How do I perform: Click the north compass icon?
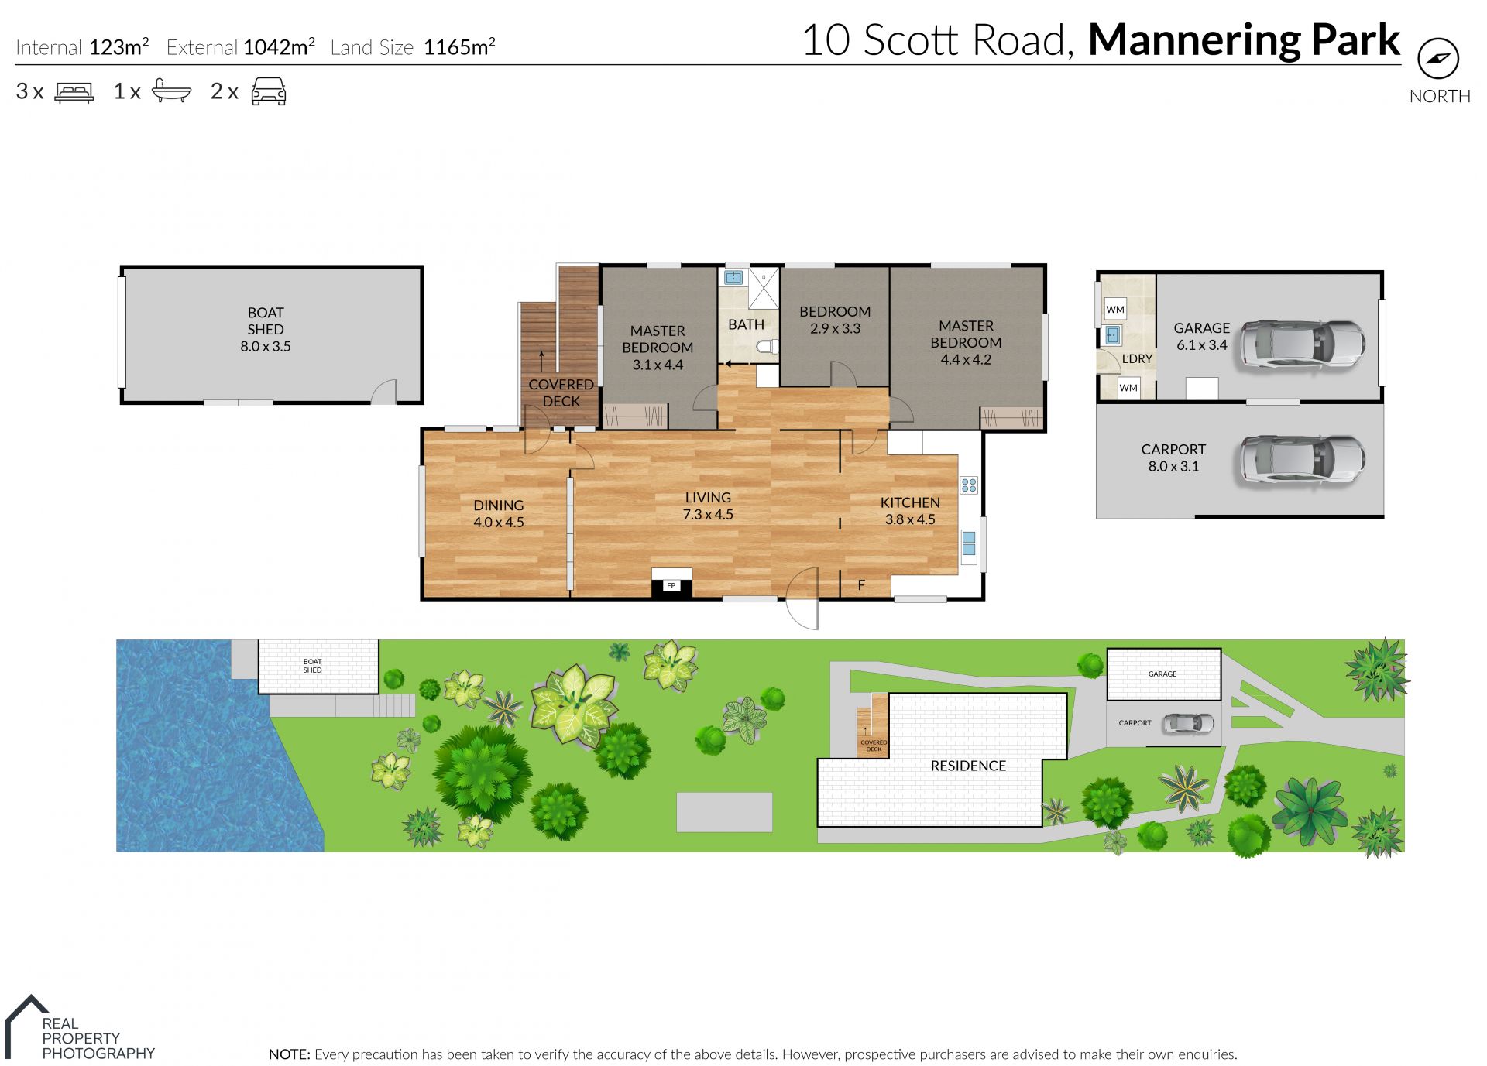pos(1438,58)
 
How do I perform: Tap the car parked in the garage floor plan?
pos(1302,343)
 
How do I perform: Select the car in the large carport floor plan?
pos(1302,460)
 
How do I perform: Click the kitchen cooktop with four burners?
pos(969,485)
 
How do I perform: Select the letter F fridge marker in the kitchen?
pos(861,585)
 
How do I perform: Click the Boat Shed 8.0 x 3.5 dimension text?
pos(266,347)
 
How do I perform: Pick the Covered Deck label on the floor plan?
pos(561,392)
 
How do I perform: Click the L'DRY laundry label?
pos(1137,358)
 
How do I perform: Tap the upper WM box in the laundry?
pos(1115,310)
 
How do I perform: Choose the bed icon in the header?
pos(74,92)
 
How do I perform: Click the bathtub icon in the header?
pos(171,91)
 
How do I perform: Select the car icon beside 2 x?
pos(269,91)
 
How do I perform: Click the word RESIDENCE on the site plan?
pos(968,766)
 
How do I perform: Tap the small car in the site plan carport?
pos(1190,723)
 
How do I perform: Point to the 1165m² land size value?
pos(459,46)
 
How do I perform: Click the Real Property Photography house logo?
pos(27,1027)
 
